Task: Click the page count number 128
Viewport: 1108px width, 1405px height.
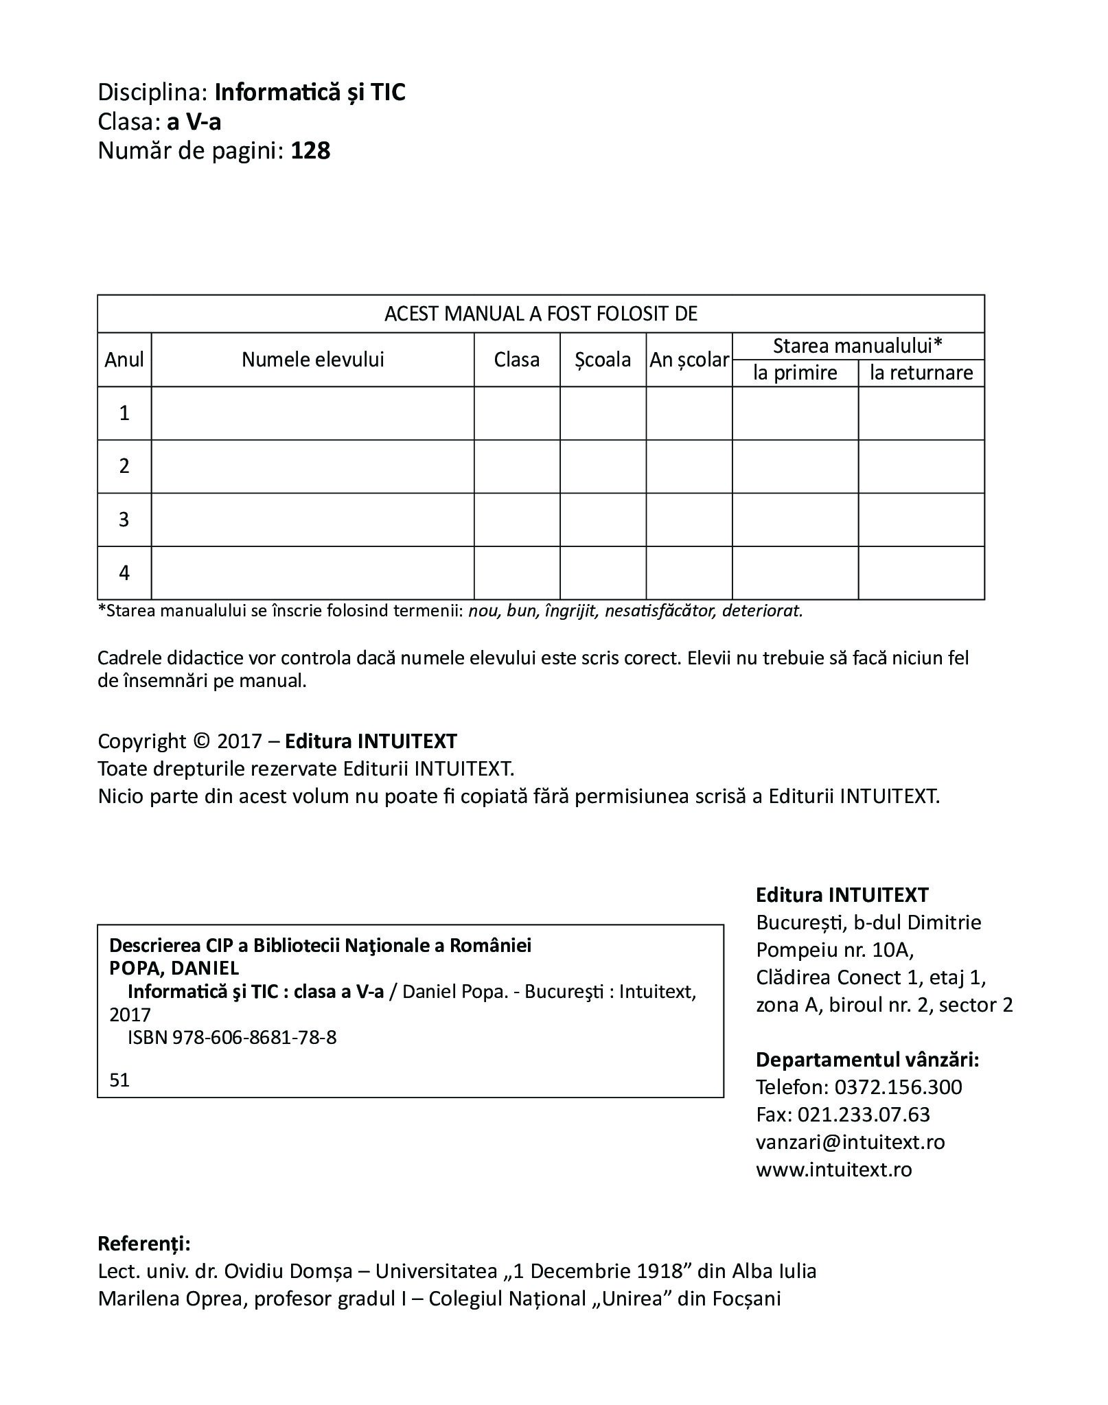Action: pyautogui.click(x=310, y=151)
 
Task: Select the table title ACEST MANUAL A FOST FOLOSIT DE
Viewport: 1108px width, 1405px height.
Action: pyautogui.click(x=540, y=314)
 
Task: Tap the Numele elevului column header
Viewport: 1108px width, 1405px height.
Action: pyautogui.click(x=312, y=359)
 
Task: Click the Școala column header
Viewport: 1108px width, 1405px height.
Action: pyautogui.click(x=603, y=359)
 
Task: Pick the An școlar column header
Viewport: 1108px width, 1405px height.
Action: pyautogui.click(x=689, y=360)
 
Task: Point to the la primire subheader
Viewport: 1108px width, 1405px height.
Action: pyautogui.click(x=795, y=373)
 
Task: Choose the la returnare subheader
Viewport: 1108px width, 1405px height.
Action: pyautogui.click(x=921, y=373)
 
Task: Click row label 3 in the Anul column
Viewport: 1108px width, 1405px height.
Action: pyautogui.click(x=124, y=520)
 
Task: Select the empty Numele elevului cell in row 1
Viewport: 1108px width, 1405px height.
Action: pyautogui.click(x=312, y=413)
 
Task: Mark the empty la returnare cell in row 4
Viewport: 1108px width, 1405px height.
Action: pyautogui.click(x=921, y=573)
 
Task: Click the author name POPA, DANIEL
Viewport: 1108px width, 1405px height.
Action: pyautogui.click(x=174, y=968)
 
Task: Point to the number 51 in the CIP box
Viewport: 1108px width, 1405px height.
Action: pyautogui.click(x=119, y=1080)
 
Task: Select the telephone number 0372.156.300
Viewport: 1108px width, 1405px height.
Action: pyautogui.click(x=898, y=1087)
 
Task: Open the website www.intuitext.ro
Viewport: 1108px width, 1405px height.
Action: pyautogui.click(x=833, y=1170)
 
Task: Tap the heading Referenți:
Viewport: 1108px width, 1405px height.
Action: pyautogui.click(x=144, y=1244)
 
